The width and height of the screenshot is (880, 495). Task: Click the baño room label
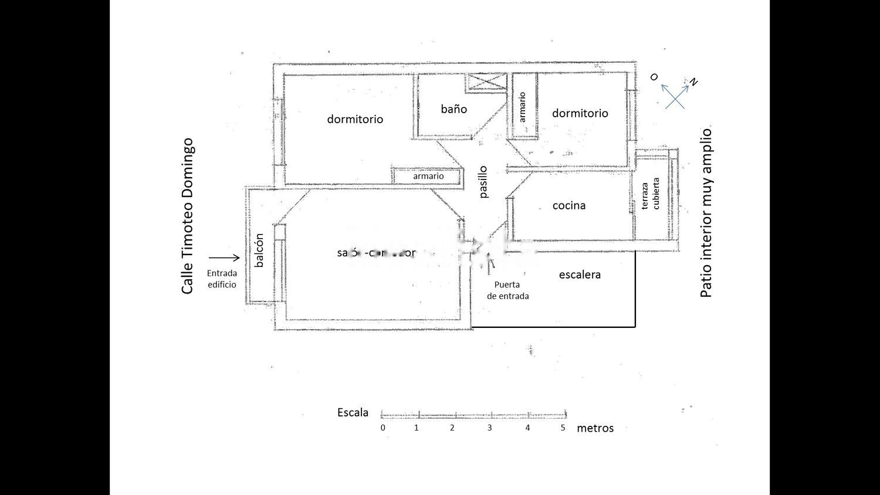(454, 109)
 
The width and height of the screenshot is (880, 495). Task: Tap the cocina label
(569, 205)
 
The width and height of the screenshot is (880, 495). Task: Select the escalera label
(580, 274)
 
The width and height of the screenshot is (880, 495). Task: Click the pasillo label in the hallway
(483, 182)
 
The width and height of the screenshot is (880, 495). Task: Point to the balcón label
(259, 250)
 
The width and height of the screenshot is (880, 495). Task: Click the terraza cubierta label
(651, 194)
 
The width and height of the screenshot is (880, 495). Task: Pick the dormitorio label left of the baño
(355, 119)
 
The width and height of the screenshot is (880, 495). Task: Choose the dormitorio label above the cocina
(580, 113)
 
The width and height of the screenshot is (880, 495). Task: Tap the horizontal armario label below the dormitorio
(428, 176)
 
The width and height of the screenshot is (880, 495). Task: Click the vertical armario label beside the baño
(522, 107)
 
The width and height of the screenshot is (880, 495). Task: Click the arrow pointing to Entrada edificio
(224, 257)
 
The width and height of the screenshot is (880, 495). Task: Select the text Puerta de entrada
(507, 290)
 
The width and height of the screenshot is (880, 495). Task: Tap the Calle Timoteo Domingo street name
(187, 216)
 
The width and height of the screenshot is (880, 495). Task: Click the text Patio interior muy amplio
(706, 213)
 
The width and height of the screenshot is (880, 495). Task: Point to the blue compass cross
(675, 96)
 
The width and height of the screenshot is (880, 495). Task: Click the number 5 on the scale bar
(563, 428)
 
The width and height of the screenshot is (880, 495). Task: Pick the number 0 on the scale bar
(383, 428)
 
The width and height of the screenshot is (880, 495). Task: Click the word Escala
(353, 412)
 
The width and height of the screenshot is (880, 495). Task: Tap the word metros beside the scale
(595, 428)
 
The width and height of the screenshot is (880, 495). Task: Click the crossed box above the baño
(486, 83)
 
